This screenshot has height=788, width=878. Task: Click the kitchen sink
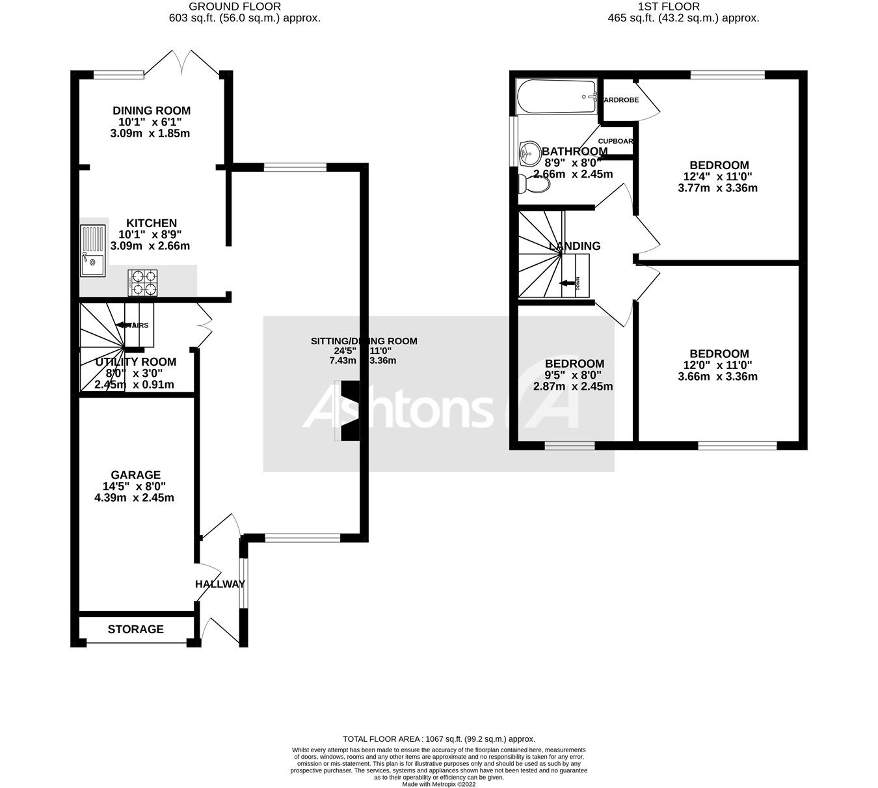click(92, 250)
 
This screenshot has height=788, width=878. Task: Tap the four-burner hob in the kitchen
click(143, 283)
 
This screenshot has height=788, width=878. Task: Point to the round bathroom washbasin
click(529, 154)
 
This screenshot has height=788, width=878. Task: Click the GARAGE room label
click(135, 475)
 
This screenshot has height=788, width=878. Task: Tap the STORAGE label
click(135, 629)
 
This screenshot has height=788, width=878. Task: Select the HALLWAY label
click(219, 584)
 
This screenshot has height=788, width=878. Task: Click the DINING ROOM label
click(151, 111)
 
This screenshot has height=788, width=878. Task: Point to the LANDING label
click(574, 246)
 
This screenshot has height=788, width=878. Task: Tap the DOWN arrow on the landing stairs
click(568, 282)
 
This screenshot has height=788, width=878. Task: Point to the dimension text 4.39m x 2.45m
click(134, 498)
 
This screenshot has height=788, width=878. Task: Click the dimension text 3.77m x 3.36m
click(717, 188)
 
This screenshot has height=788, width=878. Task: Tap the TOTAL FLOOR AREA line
click(438, 739)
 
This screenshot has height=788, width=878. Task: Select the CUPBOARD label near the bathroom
click(615, 141)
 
